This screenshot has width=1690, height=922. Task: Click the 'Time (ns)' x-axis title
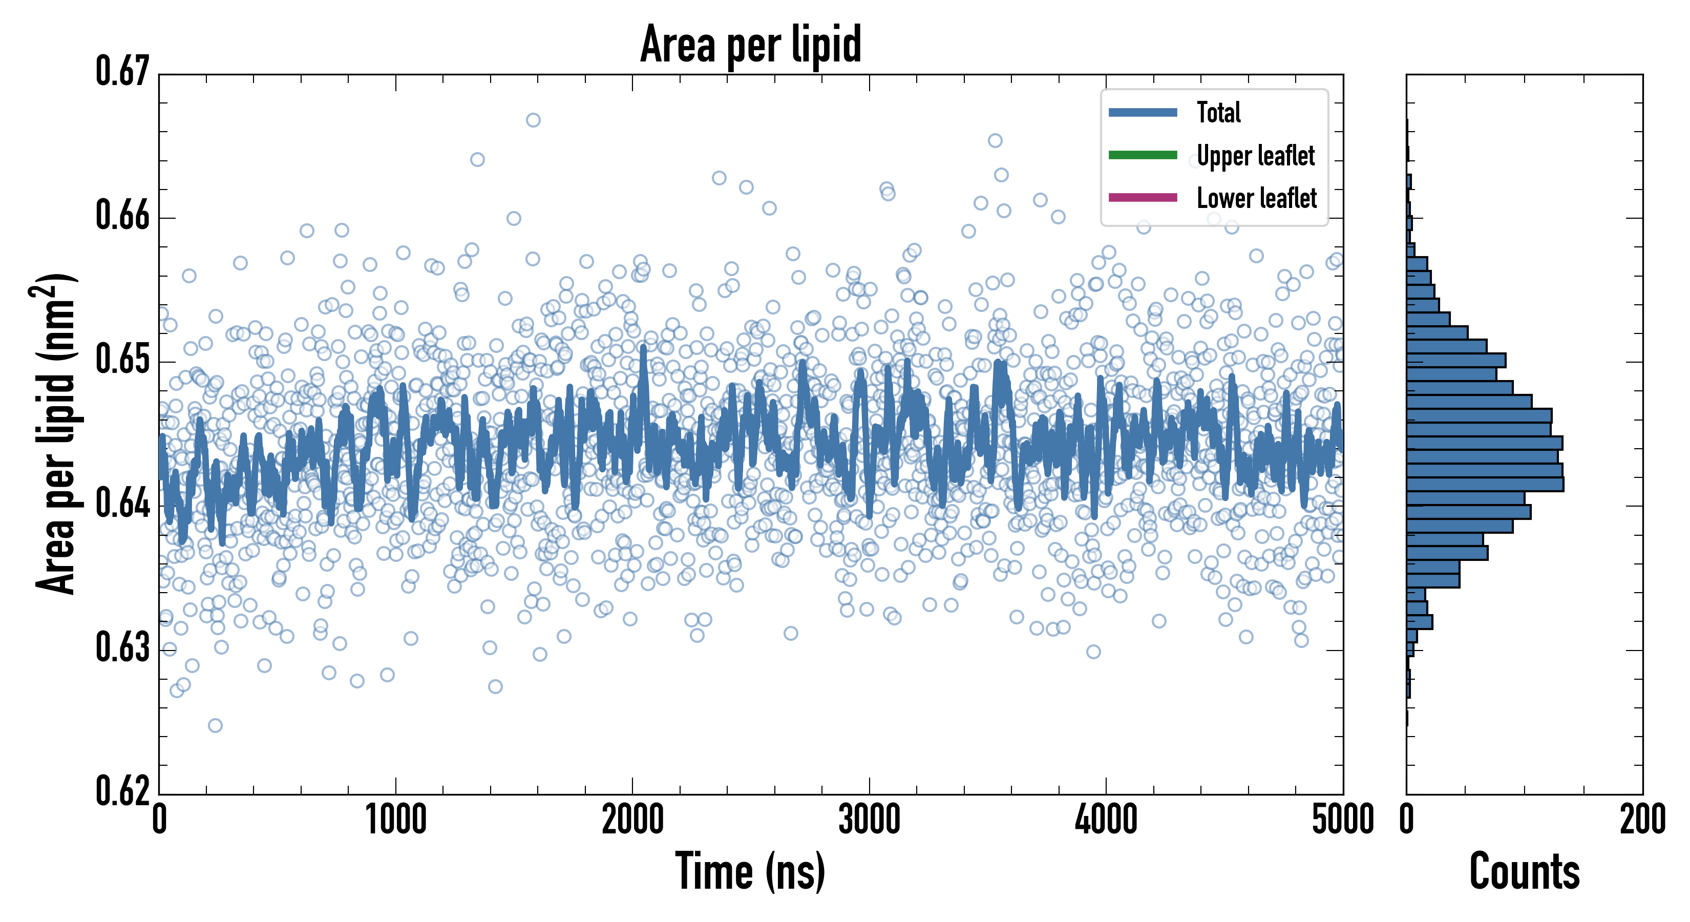coord(750,871)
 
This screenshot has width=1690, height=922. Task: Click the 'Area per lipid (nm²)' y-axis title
coord(56,434)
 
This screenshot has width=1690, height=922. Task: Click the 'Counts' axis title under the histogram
coord(1524,871)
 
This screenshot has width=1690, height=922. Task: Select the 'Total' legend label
coord(1218,112)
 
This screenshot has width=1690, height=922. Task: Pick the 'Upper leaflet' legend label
coord(1255,156)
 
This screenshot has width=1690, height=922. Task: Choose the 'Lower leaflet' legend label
coord(1256,198)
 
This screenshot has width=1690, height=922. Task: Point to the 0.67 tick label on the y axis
coord(123,72)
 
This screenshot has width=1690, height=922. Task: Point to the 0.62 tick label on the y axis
coord(123,791)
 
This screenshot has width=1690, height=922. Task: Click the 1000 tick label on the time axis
coord(395,820)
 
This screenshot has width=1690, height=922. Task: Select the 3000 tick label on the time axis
coord(869,820)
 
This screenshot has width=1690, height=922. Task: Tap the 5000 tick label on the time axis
coord(1342,820)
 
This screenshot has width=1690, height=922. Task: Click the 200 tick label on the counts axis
coord(1642,820)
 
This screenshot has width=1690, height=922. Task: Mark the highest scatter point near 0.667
coord(533,120)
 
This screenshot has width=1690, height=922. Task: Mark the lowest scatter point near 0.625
coord(215,725)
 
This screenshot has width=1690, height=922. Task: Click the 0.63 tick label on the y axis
coord(123,647)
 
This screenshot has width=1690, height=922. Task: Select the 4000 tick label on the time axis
coord(1106,820)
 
